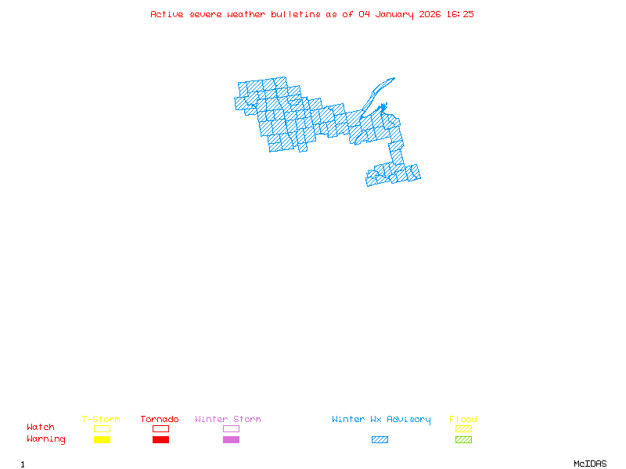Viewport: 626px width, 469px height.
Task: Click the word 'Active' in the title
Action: coord(167,14)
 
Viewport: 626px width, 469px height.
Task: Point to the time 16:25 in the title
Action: coord(460,14)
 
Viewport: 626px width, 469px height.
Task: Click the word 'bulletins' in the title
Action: coord(296,14)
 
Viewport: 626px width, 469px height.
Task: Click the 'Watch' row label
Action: coord(41,428)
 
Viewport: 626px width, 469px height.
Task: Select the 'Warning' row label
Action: coord(46,439)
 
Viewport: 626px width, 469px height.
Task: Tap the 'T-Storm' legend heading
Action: coord(101,420)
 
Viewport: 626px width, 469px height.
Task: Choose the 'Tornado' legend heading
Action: coord(160,420)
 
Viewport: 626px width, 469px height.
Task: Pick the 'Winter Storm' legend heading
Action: coord(228,420)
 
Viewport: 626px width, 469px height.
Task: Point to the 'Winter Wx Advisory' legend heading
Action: coord(381,420)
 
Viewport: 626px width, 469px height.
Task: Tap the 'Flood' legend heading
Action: coord(463,420)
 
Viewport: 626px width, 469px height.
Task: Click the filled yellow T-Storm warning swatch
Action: coord(102,440)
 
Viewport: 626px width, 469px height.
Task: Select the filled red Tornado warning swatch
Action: coord(160,440)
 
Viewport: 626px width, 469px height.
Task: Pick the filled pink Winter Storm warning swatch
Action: coord(231,440)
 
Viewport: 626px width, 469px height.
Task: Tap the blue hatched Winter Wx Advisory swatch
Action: coord(380,440)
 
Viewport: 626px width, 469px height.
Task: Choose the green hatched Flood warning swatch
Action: coord(463,440)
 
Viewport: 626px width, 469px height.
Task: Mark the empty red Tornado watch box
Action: coord(160,429)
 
